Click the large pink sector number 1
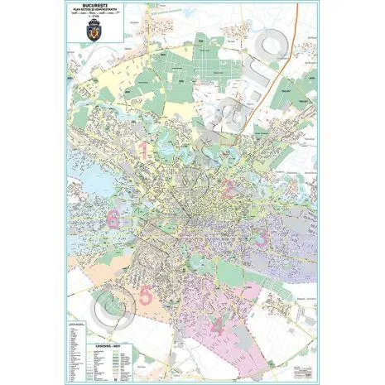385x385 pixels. (x=142, y=151)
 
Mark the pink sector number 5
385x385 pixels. (x=146, y=294)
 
